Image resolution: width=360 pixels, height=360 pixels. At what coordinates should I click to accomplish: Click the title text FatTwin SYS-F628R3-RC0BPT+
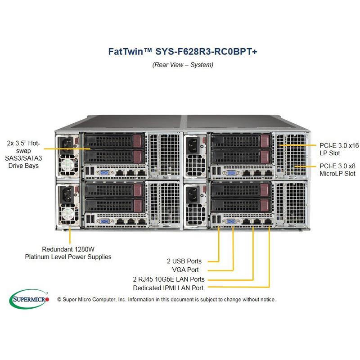(183, 51)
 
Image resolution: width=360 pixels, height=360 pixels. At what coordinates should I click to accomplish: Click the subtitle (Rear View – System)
(183, 64)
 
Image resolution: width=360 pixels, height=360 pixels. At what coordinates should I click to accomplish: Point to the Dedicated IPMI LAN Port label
(168, 288)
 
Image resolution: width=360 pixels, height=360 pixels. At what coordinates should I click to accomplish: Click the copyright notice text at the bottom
(166, 299)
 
